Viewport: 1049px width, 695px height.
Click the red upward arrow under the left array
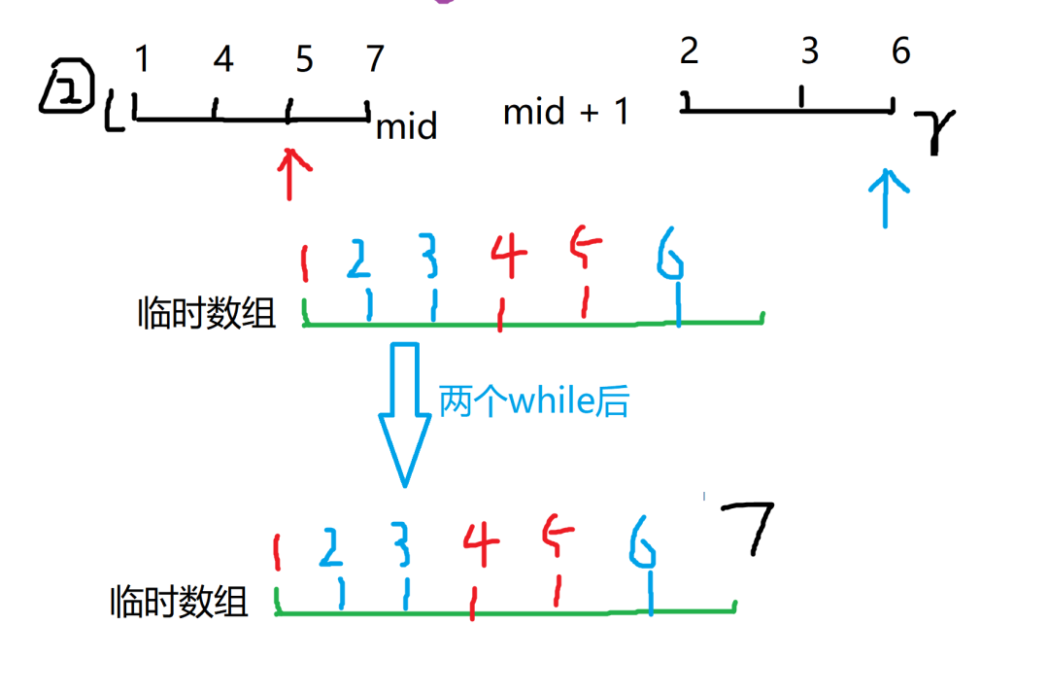click(x=290, y=173)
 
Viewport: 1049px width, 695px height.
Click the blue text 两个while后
click(x=533, y=400)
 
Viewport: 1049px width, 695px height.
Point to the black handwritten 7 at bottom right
click(x=747, y=530)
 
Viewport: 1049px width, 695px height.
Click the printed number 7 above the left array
click(x=376, y=60)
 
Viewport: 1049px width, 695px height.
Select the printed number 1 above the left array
click(x=142, y=60)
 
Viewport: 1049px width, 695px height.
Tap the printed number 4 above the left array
click(x=223, y=60)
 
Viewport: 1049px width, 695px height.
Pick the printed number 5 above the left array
click(x=304, y=60)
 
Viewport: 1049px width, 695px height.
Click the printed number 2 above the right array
click(x=690, y=52)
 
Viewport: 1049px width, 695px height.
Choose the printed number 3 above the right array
click(x=810, y=52)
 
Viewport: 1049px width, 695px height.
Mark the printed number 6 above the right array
click(x=901, y=52)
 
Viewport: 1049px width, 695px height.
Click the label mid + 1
click(x=566, y=113)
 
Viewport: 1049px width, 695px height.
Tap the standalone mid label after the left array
click(x=406, y=126)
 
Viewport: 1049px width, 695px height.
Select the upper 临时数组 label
click(x=207, y=314)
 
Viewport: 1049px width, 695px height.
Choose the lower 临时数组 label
click(x=180, y=603)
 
